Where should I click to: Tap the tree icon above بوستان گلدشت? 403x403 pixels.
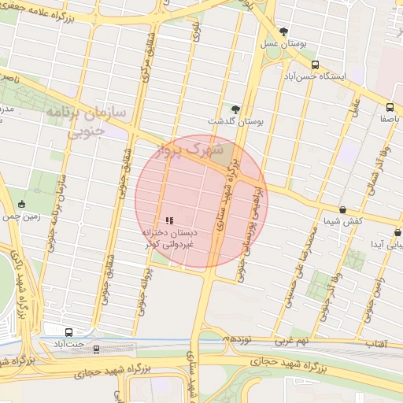[x=235, y=109]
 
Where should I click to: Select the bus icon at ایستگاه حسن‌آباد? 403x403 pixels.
[x=315, y=65]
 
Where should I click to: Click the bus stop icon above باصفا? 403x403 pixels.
[x=390, y=107]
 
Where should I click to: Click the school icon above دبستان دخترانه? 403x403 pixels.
[x=169, y=221]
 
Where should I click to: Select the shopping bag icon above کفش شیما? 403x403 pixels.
[x=342, y=209]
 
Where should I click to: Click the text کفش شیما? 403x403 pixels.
[x=346, y=221]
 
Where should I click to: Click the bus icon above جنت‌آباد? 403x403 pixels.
[x=68, y=332]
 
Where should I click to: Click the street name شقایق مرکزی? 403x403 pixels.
[x=147, y=55]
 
